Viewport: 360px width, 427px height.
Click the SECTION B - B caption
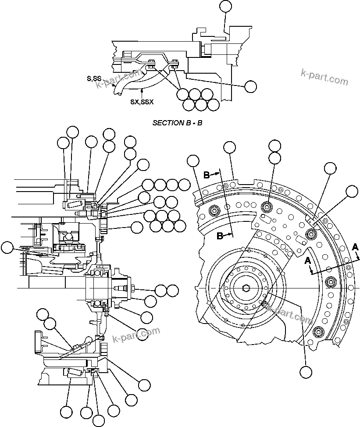177,123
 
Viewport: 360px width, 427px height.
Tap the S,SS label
94,78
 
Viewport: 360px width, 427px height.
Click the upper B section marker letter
207,175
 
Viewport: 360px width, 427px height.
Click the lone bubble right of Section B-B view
250,86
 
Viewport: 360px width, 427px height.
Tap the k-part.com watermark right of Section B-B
324,78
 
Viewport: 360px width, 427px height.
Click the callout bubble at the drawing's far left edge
7,248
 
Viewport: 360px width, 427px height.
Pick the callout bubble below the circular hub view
306,372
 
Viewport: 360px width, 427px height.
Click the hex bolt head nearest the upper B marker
214,211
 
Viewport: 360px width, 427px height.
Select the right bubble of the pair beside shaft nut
173,290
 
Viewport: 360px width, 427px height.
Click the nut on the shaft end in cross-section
132,288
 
